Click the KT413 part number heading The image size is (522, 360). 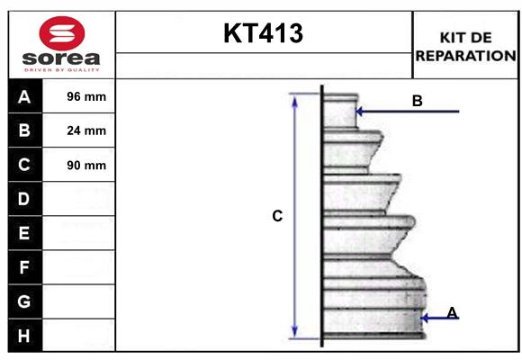264,34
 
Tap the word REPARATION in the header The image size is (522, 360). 465,55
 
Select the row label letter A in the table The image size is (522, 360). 24,96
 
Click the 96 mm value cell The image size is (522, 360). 86,96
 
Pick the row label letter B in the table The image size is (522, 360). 24,130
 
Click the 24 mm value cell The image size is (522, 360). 86,130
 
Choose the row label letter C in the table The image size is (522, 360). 24,165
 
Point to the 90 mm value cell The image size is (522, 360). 86,165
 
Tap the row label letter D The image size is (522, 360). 24,199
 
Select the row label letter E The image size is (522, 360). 24,233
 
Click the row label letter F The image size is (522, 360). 24,267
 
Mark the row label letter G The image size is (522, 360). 24,301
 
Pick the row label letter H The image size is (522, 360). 24,336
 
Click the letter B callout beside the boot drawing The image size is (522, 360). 418,101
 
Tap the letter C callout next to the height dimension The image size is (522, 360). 278,216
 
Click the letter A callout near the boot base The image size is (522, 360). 452,312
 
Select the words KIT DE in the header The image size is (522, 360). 465,37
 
